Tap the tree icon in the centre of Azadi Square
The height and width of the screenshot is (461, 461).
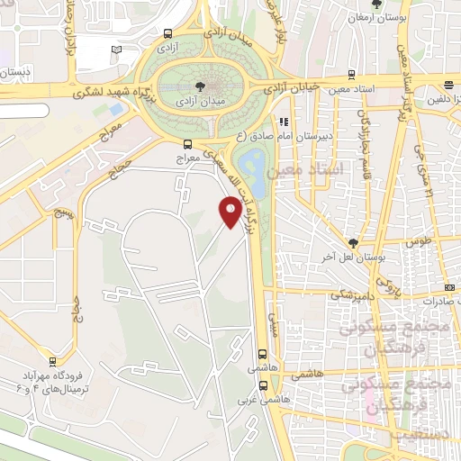tap(200, 86)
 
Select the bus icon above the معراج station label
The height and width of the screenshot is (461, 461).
tap(187, 143)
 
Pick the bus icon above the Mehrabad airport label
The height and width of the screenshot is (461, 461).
tap(53, 362)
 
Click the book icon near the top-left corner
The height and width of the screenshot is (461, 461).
tap(113, 50)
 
